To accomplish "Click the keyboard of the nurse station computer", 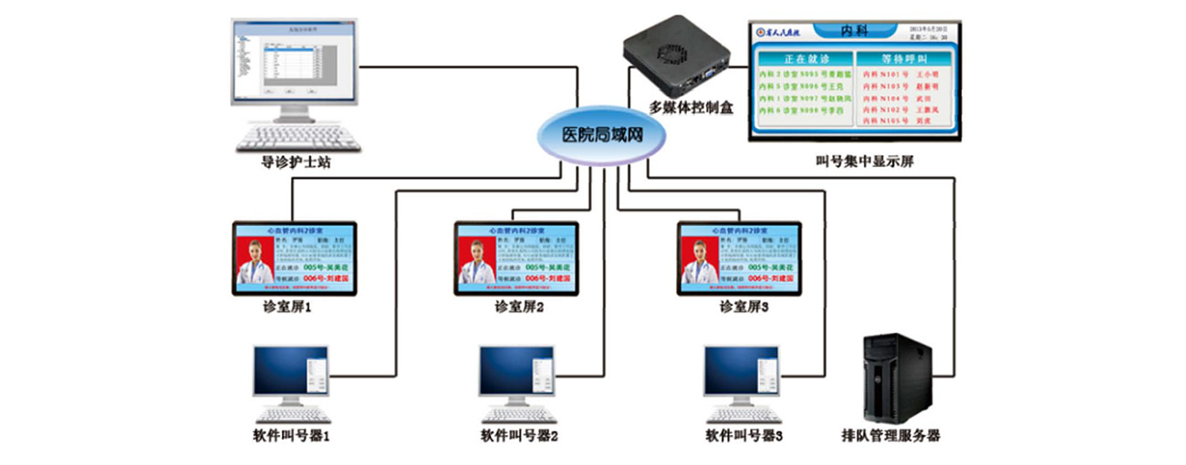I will [289, 138].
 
